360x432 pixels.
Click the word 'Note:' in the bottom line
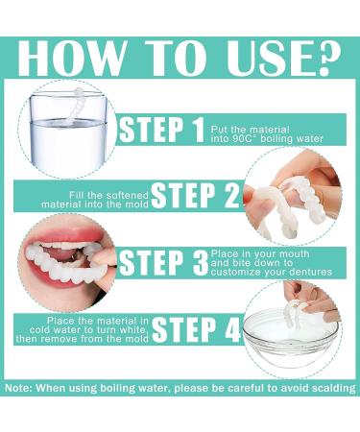coord(22,388)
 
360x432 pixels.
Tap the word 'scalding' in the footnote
coord(331,388)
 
